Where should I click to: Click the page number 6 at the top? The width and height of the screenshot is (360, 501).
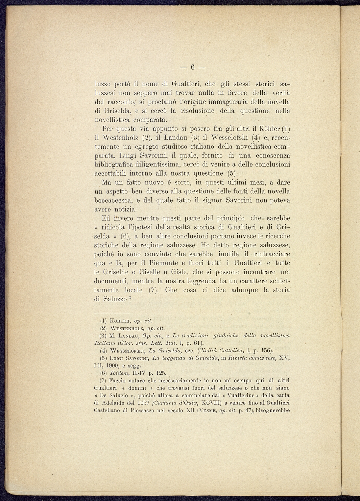(192, 67)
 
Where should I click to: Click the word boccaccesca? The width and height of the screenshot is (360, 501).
(113, 200)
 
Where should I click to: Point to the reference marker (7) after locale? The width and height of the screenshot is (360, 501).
(154, 290)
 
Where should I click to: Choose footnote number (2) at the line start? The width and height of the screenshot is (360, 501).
(103, 328)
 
